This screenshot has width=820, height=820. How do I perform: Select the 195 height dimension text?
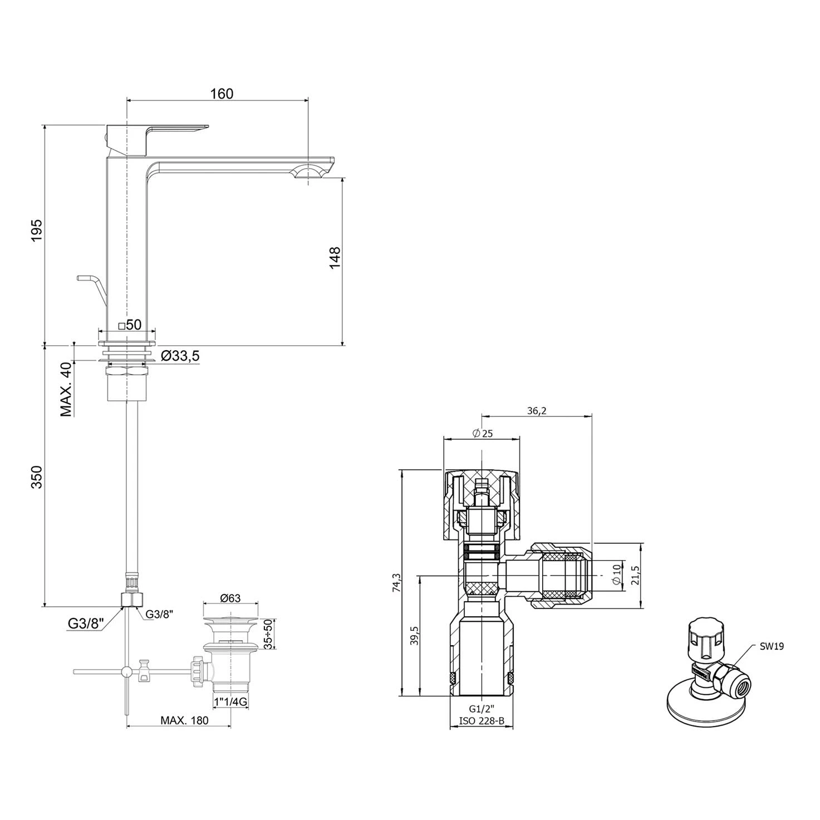(x=37, y=230)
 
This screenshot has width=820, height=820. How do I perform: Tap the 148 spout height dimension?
(x=335, y=257)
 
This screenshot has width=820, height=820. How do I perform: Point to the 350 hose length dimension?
(x=37, y=477)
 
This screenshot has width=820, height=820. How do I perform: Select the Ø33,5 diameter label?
(x=180, y=356)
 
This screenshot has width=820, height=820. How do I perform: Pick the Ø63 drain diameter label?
(x=230, y=598)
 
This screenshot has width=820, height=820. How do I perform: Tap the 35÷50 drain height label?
(x=267, y=634)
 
